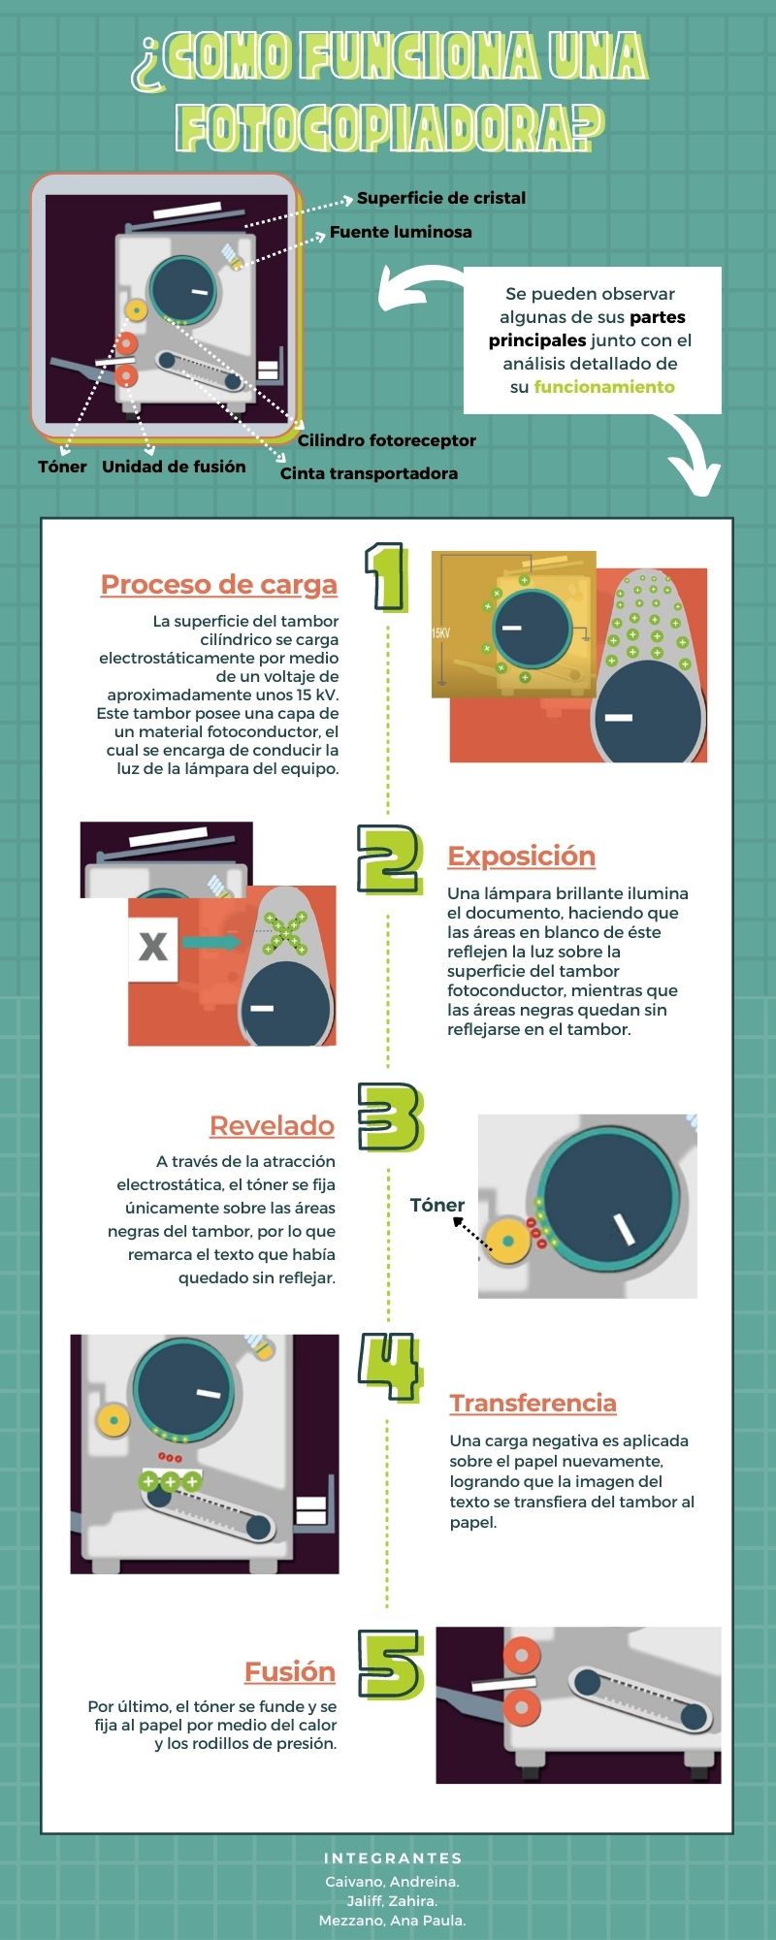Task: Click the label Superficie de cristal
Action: point(441,198)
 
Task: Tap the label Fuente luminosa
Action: point(401,232)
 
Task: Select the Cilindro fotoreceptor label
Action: point(386,440)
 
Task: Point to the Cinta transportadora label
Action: point(369,473)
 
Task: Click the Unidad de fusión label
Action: point(174,467)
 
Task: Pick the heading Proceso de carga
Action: point(219,585)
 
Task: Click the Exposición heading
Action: point(522,857)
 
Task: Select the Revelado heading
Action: point(273,1125)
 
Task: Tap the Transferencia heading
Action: point(533,1403)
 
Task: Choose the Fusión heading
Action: point(290,1671)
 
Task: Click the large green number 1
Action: point(386,577)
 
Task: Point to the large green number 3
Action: point(391,1116)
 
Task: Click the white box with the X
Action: point(153,948)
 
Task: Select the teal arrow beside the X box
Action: point(211,942)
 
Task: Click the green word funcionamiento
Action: point(604,387)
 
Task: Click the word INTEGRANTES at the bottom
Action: point(393,1859)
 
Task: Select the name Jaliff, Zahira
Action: point(392,1901)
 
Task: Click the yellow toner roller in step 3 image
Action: point(507,1241)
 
